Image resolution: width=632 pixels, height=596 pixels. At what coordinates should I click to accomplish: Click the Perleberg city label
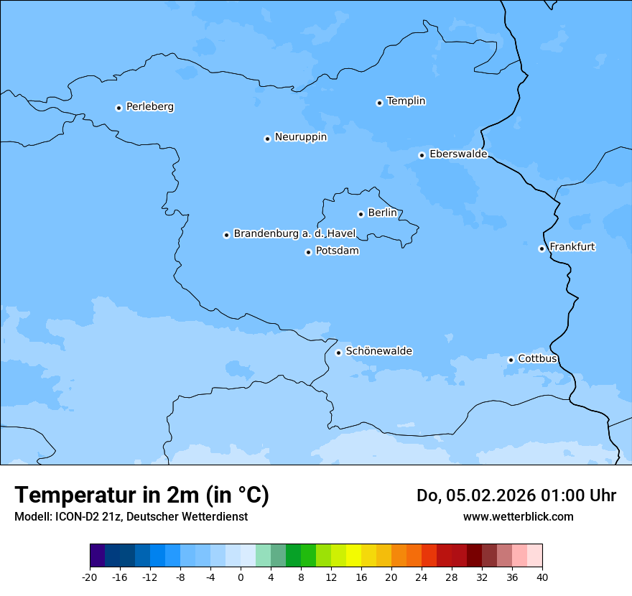pyautogui.click(x=149, y=107)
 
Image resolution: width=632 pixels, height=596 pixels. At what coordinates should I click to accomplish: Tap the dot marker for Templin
pyautogui.click(x=379, y=103)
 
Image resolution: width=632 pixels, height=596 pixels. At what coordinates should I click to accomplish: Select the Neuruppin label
pyautogui.click(x=300, y=137)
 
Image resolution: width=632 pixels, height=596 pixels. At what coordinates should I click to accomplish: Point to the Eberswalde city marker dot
pyautogui.click(x=422, y=155)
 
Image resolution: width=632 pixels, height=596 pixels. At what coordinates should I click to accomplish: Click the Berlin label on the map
pyautogui.click(x=382, y=213)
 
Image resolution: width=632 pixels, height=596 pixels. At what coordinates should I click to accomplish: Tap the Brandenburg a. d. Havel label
pyautogui.click(x=294, y=234)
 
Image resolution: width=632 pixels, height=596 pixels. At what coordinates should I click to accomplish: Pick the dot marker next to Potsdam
pyautogui.click(x=308, y=252)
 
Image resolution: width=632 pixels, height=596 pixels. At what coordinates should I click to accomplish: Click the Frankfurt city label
pyautogui.click(x=572, y=247)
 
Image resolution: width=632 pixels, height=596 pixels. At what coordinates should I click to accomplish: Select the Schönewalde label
pyautogui.click(x=378, y=351)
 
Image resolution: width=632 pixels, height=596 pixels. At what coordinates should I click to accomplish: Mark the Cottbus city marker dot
pyautogui.click(x=511, y=360)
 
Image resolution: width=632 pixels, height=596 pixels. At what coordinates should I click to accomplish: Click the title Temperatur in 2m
pyautogui.click(x=141, y=495)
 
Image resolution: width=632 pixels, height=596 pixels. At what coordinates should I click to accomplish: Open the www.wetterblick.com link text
pyautogui.click(x=518, y=517)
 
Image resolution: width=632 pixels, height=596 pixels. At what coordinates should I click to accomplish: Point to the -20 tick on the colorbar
pyautogui.click(x=90, y=577)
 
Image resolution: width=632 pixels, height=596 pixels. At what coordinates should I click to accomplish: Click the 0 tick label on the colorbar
pyautogui.click(x=241, y=577)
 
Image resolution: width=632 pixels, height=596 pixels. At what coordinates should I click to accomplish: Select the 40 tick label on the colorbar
pyautogui.click(x=542, y=577)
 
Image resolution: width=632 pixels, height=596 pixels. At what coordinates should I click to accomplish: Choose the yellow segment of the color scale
pyautogui.click(x=353, y=556)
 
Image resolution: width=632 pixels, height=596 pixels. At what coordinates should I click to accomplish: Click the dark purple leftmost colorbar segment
pyautogui.click(x=97, y=556)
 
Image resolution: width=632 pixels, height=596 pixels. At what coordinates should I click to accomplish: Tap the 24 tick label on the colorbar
pyautogui.click(x=422, y=577)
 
